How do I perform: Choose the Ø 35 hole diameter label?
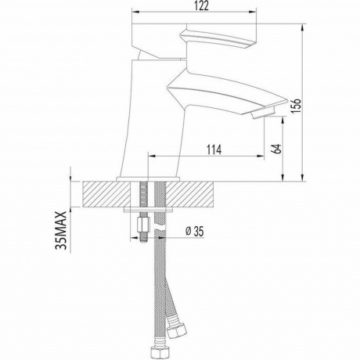pyautogui.click(x=196, y=232)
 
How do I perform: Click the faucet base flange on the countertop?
pyautogui.click(x=149, y=180)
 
